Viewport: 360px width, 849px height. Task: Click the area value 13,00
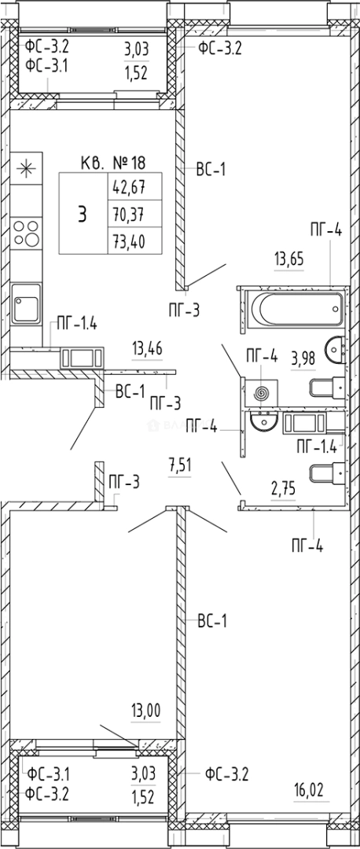point(146,709)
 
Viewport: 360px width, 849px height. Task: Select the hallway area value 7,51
point(180,465)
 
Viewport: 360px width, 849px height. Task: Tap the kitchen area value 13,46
point(147,347)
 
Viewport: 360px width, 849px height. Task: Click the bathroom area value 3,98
point(303,358)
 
